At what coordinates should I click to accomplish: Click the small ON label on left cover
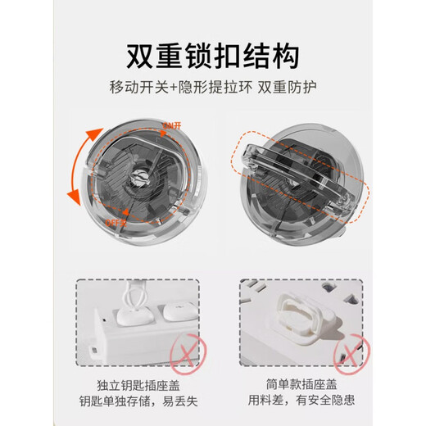[x=172, y=125]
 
